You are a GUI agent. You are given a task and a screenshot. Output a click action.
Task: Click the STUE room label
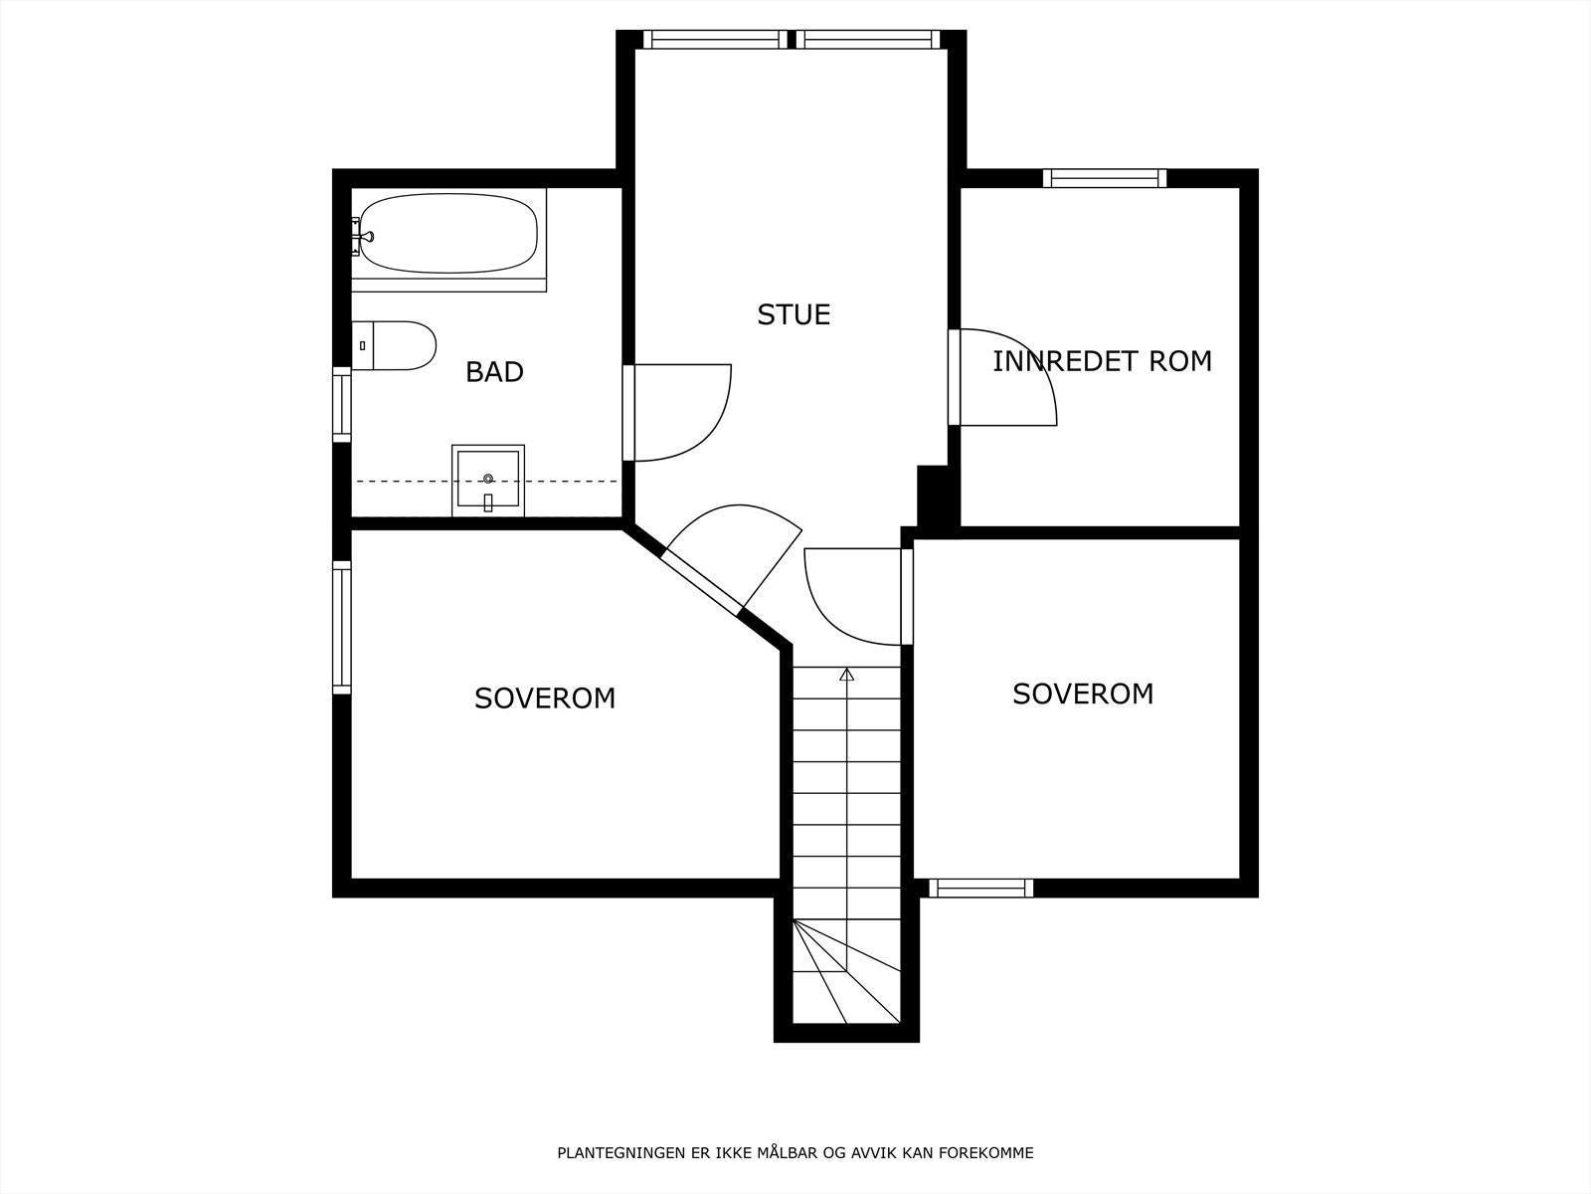point(794,314)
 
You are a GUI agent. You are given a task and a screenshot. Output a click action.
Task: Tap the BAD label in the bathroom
point(494,372)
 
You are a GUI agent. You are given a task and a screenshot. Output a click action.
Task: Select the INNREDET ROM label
point(1102,361)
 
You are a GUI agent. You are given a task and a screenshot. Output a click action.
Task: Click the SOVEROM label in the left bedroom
point(545,698)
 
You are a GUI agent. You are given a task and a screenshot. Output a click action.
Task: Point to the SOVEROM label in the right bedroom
point(1083,694)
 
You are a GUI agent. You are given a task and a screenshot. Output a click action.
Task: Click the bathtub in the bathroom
point(448,234)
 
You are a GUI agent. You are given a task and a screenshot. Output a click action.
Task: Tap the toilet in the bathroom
point(394,346)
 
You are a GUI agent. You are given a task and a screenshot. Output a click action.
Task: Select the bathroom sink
point(488,480)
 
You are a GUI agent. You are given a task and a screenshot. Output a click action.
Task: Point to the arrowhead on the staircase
point(846,675)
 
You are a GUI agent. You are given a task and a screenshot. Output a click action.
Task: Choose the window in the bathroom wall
point(342,405)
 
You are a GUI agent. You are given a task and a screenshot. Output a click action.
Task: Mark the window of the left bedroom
point(342,627)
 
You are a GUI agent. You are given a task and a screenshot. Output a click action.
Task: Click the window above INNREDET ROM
point(1105,178)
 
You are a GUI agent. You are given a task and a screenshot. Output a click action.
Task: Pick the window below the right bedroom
point(980,889)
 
